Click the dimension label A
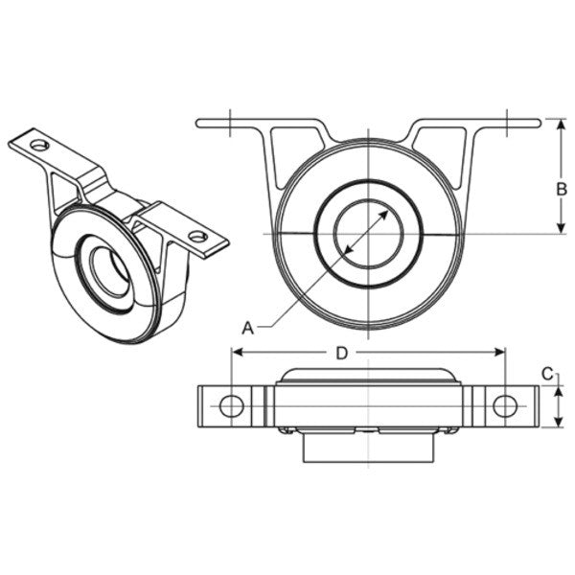tap(247, 327)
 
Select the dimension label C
tap(546, 374)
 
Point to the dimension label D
tap(341, 353)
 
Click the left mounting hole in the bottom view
tap(231, 405)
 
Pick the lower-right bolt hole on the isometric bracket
tap(197, 236)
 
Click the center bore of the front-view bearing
tap(368, 233)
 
